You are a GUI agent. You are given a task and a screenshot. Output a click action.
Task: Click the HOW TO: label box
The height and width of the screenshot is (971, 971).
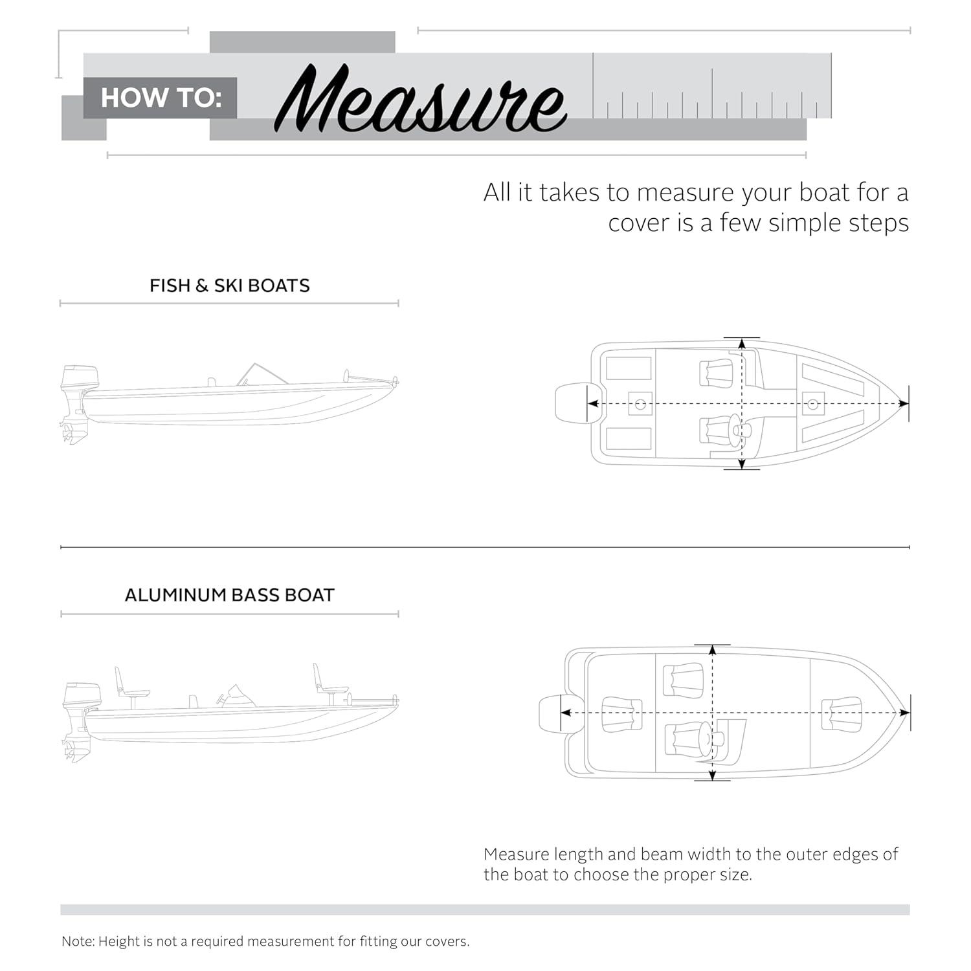pos(161,98)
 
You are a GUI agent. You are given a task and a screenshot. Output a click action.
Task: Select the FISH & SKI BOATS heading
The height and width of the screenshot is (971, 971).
pos(229,285)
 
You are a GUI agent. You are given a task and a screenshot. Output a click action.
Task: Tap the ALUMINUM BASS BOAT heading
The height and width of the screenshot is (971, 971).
pos(229,595)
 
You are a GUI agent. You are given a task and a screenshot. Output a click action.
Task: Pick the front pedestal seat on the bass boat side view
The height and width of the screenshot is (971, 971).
pos(327,683)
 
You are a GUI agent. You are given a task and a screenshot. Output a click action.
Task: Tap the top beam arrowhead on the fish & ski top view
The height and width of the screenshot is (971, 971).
pos(742,344)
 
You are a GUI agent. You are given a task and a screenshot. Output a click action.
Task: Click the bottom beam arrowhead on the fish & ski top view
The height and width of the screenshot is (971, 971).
pos(742,463)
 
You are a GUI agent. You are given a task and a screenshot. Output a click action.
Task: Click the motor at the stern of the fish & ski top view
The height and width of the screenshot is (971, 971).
pos(574,403)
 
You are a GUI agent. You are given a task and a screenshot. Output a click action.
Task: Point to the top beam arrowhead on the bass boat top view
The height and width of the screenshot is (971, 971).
pos(713,651)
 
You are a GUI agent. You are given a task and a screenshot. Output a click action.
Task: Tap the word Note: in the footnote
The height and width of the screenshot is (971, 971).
pos(78,941)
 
